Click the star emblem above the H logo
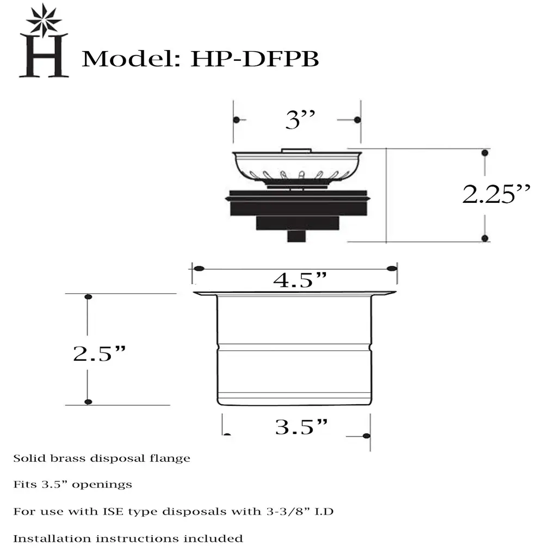pos(44,20)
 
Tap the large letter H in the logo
pos(44,55)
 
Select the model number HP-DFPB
pos(255,59)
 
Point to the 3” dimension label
pos(300,120)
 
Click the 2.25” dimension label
pos(496,194)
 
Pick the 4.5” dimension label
pos(300,280)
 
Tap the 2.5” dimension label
pos(100,354)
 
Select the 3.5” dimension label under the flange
pos(301,426)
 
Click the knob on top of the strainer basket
pos(296,151)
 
